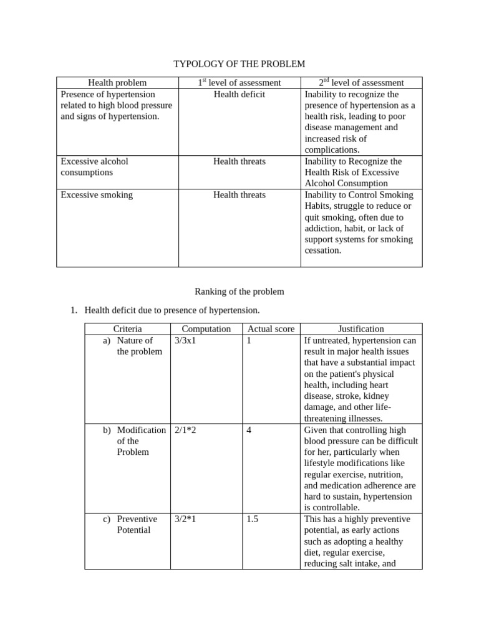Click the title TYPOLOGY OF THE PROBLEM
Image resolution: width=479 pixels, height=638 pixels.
coord(239,64)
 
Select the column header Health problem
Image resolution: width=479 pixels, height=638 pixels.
coord(117,83)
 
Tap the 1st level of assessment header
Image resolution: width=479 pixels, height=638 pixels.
coord(239,83)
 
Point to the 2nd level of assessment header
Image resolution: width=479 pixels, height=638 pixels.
coord(361,83)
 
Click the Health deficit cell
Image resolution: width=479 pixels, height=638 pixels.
coord(239,94)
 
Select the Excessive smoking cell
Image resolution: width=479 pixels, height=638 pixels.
coord(97,195)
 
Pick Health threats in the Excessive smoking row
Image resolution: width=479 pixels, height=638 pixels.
coord(239,195)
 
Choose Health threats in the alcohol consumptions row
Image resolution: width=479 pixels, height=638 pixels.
coord(239,161)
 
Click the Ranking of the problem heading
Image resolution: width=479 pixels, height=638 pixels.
coord(239,292)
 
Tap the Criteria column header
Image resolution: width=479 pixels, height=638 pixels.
coord(127,329)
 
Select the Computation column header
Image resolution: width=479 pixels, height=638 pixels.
coord(206,329)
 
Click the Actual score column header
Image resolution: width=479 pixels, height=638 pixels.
coord(271,329)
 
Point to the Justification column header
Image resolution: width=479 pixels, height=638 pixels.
coord(361,329)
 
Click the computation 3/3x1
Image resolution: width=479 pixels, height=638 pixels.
coord(185,341)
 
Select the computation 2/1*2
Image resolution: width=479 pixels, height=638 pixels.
coord(185,431)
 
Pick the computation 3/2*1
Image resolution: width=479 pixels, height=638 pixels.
coord(185,519)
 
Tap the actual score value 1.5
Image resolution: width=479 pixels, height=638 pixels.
coord(252,519)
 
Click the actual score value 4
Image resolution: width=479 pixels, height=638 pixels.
coord(249,431)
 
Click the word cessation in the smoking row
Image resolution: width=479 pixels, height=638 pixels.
coord(323,250)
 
